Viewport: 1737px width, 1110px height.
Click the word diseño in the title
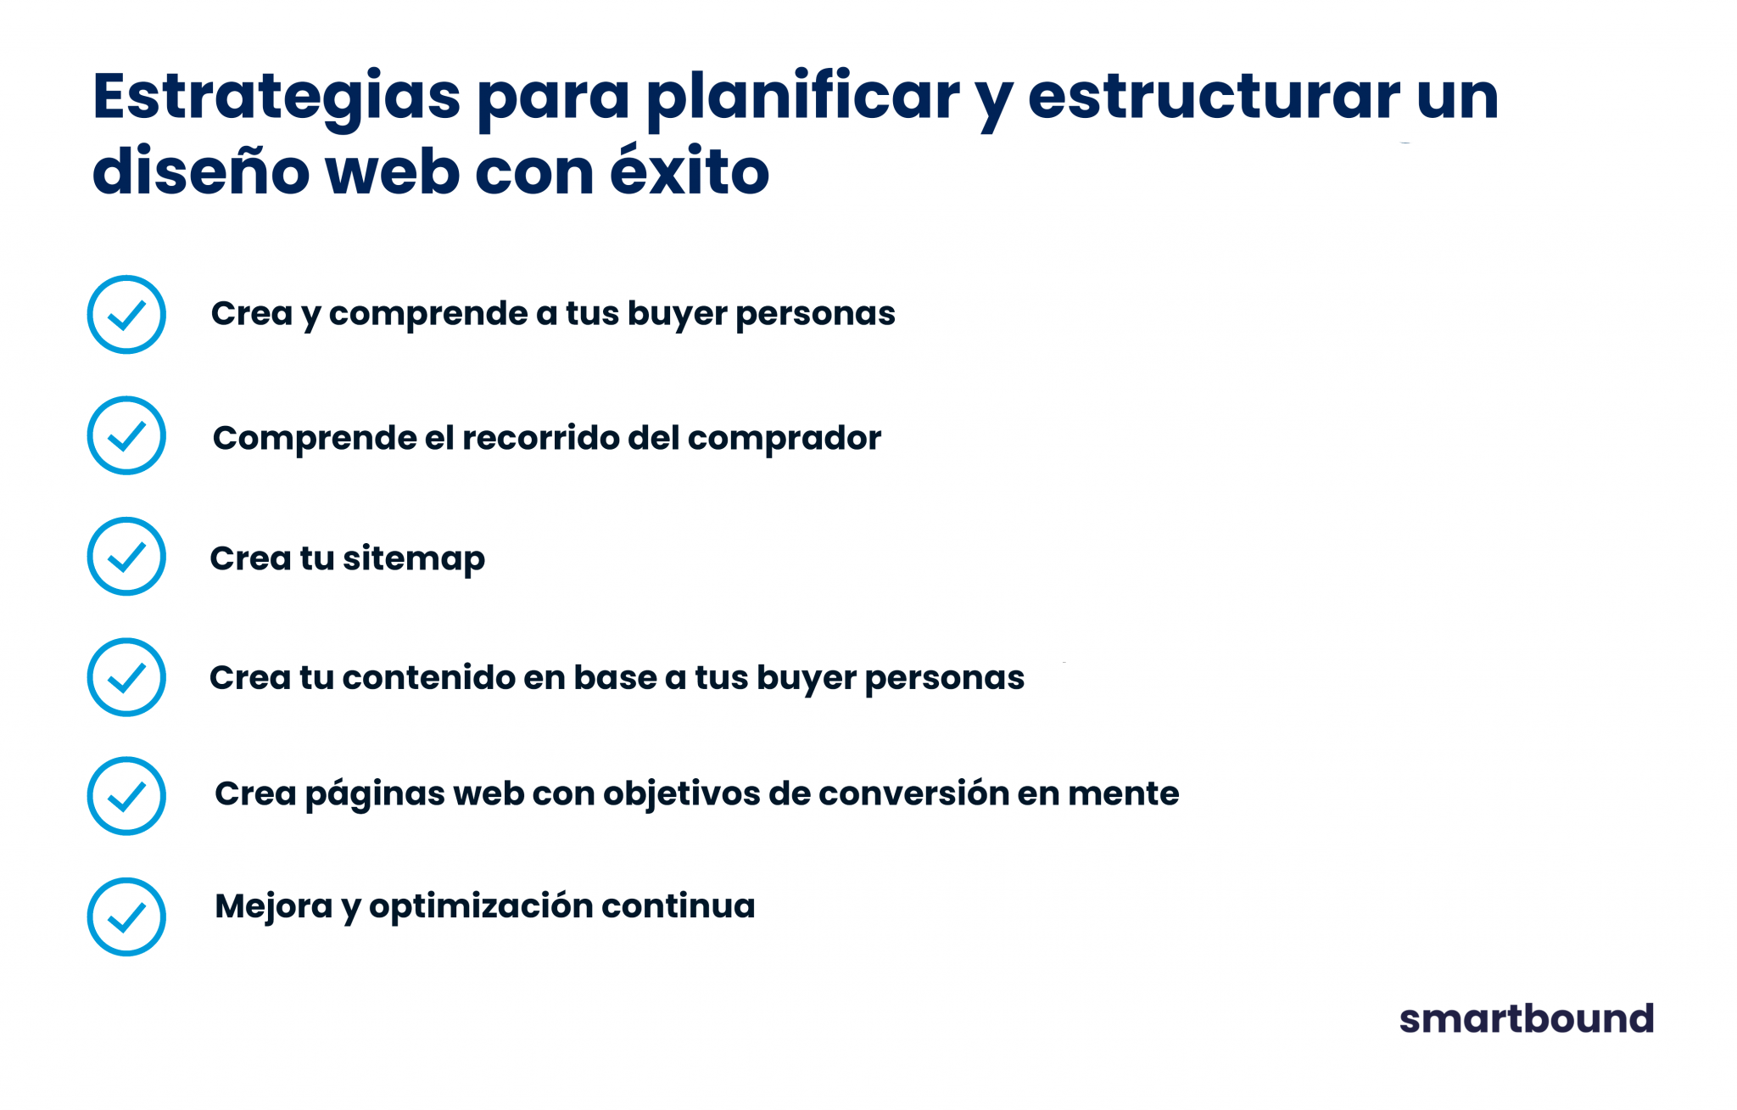pyautogui.click(x=201, y=169)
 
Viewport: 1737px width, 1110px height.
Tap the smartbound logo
pyautogui.click(x=1526, y=1018)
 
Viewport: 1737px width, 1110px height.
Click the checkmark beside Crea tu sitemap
pyautogui.click(x=126, y=557)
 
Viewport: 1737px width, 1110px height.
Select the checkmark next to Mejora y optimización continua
pyautogui.click(x=126, y=917)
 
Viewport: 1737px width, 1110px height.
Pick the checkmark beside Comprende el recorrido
pyautogui.click(x=126, y=435)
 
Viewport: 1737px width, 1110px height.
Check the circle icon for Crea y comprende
pyautogui.click(x=126, y=315)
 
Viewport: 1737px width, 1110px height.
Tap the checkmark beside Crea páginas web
pyautogui.click(x=126, y=796)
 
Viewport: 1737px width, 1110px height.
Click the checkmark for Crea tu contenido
pyautogui.click(x=126, y=677)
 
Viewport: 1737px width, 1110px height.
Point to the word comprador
pyautogui.click(x=785, y=439)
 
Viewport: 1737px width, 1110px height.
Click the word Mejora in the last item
pyautogui.click(x=273, y=907)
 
